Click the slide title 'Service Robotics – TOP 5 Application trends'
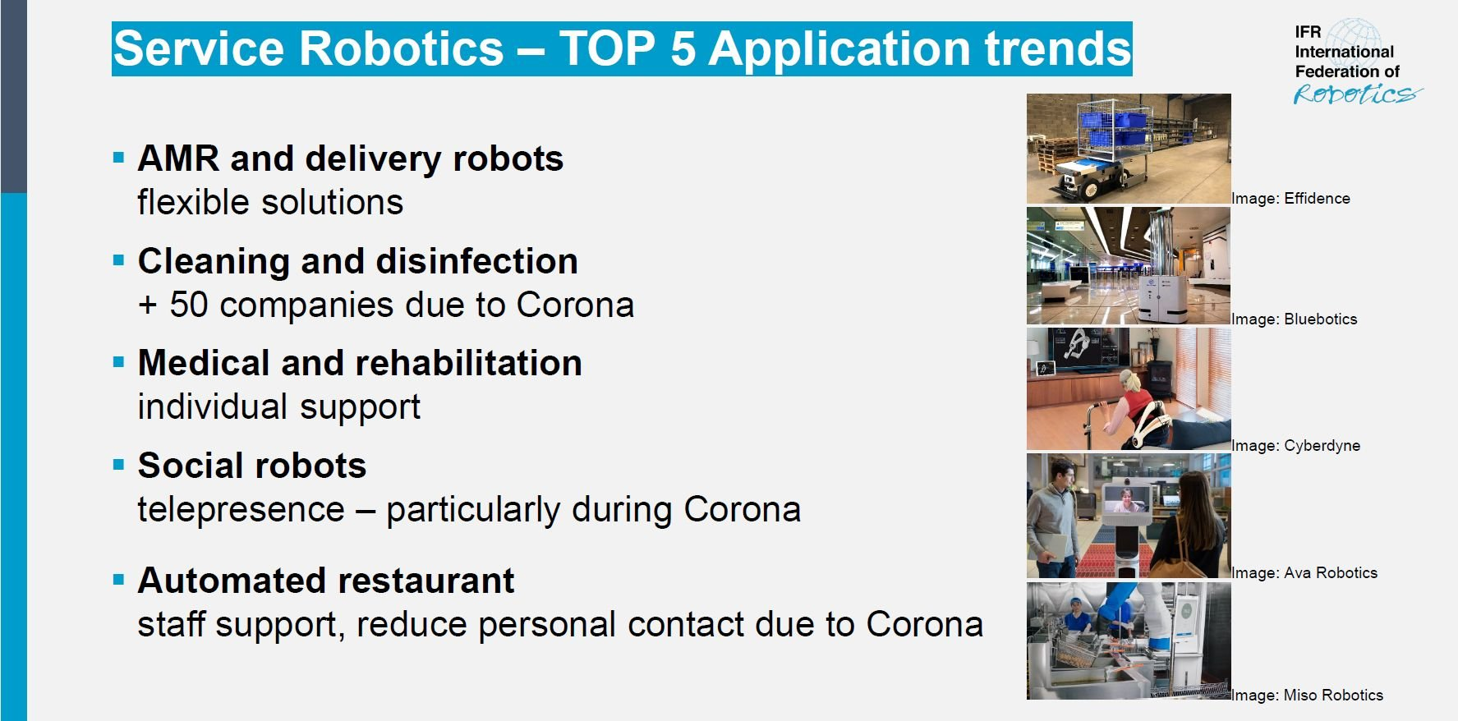coord(622,48)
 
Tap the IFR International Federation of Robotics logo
coord(1357,63)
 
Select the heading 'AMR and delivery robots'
coord(350,158)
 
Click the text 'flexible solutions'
coord(270,202)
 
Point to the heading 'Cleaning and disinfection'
coord(358,261)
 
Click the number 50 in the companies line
coord(189,305)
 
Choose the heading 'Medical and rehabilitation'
coord(360,363)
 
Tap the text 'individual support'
coord(278,407)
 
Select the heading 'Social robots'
coord(251,466)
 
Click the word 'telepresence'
coord(241,510)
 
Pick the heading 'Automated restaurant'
coord(326,581)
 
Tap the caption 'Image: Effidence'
coord(1290,199)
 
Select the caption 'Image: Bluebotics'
coord(1294,319)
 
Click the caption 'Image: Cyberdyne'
coord(1295,446)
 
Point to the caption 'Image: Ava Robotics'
coord(1304,573)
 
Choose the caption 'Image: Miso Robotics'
coord(1307,696)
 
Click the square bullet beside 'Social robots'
coord(118,465)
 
